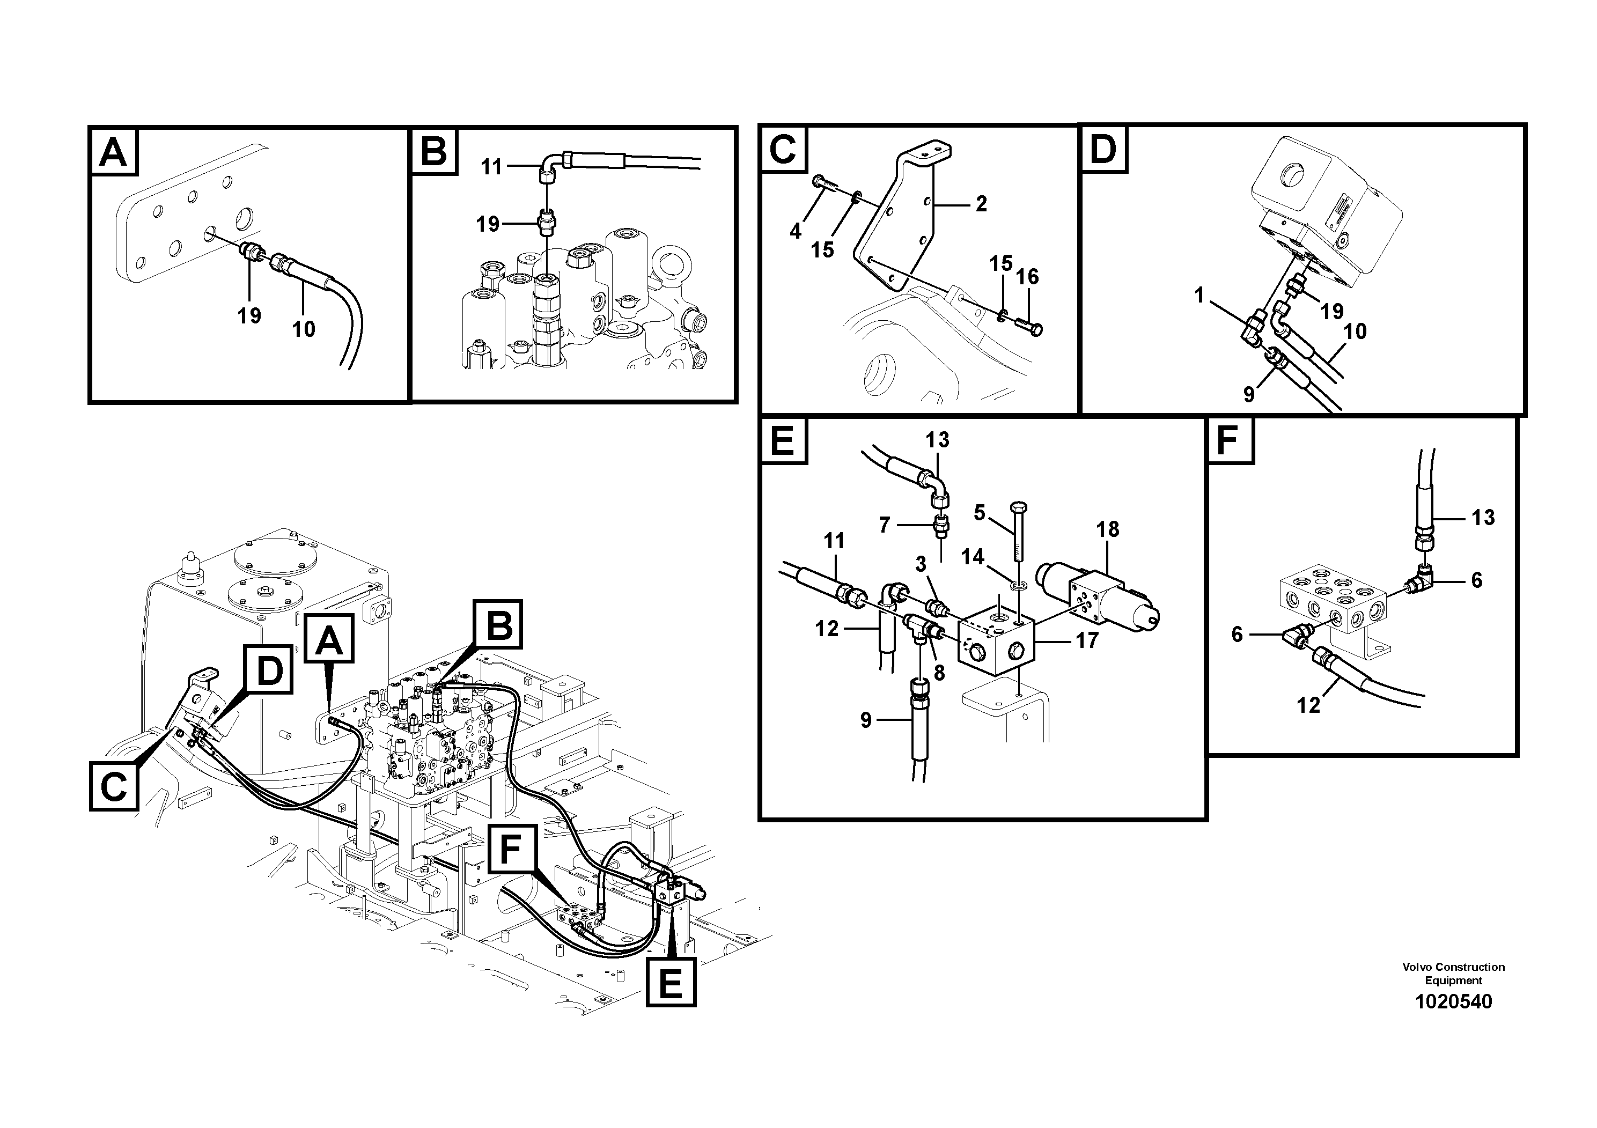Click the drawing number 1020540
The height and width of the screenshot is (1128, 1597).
pyautogui.click(x=1453, y=1001)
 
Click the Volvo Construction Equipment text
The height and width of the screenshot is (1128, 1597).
pyautogui.click(x=1453, y=974)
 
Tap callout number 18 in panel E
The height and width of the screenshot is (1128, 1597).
pyautogui.click(x=1107, y=529)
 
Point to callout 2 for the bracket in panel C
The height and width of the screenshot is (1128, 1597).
pyautogui.click(x=981, y=204)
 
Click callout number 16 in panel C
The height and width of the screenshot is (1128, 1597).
pyautogui.click(x=1027, y=277)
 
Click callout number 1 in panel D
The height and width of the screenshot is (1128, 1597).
pyautogui.click(x=1198, y=296)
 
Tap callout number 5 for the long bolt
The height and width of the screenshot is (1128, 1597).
pyautogui.click(x=980, y=513)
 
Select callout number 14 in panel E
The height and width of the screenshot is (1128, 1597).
pyautogui.click(x=973, y=557)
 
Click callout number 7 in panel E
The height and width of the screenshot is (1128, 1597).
pyautogui.click(x=884, y=525)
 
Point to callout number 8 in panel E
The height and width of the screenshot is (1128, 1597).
pyautogui.click(x=939, y=673)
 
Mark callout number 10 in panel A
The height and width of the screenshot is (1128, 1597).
pyautogui.click(x=303, y=329)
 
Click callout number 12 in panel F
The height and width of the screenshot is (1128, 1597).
pyautogui.click(x=1308, y=705)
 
